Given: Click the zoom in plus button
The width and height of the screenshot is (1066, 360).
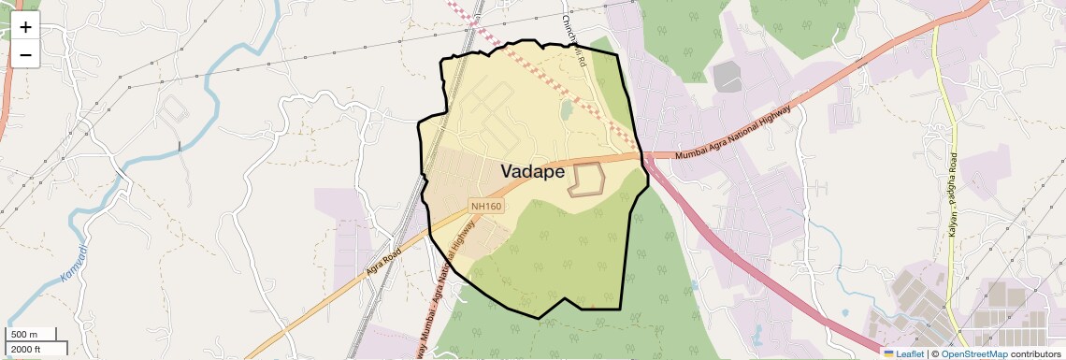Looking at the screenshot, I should pyautogui.click(x=25, y=26).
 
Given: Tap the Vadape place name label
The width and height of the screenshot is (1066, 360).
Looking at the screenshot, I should pyautogui.click(x=533, y=172).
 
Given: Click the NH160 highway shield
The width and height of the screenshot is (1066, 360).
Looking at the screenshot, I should pyautogui.click(x=486, y=206).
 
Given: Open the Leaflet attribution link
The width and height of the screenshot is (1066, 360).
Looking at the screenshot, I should pyautogui.click(x=903, y=353).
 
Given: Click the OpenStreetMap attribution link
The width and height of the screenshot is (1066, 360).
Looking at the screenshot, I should pyautogui.click(x=973, y=353).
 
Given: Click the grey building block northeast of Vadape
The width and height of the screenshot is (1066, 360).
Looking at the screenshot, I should pyautogui.click(x=727, y=78).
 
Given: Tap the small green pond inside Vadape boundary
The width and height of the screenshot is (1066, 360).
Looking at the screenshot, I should pyautogui.click(x=566, y=110).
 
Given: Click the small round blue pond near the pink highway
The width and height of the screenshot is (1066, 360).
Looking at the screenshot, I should pyautogui.click(x=844, y=312).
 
